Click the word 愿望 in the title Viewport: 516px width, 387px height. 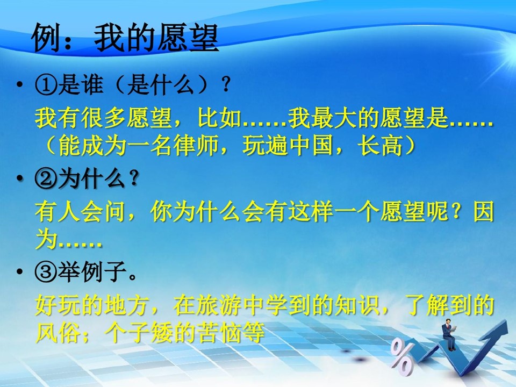(x=188, y=38)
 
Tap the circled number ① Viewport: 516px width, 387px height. (x=46, y=84)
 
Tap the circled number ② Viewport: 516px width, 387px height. (x=46, y=179)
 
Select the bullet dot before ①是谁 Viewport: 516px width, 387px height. (x=20, y=85)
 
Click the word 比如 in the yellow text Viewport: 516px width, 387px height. (x=219, y=117)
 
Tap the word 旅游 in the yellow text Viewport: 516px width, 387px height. (x=219, y=305)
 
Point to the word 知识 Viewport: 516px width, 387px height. (x=357, y=305)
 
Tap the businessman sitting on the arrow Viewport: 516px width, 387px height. (x=449, y=334)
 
